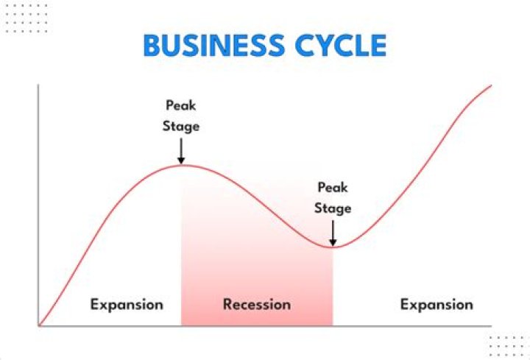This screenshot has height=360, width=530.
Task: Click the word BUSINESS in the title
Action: pyautogui.click(x=208, y=45)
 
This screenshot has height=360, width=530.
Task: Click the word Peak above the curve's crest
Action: pyautogui.click(x=180, y=106)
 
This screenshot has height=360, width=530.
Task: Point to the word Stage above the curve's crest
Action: pyautogui.click(x=180, y=126)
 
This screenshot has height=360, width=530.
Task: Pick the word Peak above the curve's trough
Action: pyautogui.click(x=332, y=188)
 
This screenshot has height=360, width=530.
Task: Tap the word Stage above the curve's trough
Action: pyautogui.click(x=332, y=208)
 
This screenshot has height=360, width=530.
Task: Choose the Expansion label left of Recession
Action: pyautogui.click(x=127, y=304)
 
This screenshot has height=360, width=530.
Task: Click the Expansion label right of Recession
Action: pyautogui.click(x=437, y=304)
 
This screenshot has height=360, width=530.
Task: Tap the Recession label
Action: pyautogui.click(x=257, y=304)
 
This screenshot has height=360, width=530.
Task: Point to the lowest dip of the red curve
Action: pyautogui.click(x=333, y=247)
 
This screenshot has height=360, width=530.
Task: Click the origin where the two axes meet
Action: pyautogui.click(x=38, y=325)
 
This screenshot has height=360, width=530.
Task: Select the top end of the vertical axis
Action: pyautogui.click(x=38, y=85)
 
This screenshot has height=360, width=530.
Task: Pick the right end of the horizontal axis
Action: pyautogui.click(x=491, y=325)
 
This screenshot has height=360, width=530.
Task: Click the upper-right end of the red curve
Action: pyautogui.click(x=491, y=85)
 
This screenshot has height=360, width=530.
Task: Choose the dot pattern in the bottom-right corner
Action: pyautogui.click(x=508, y=345)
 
